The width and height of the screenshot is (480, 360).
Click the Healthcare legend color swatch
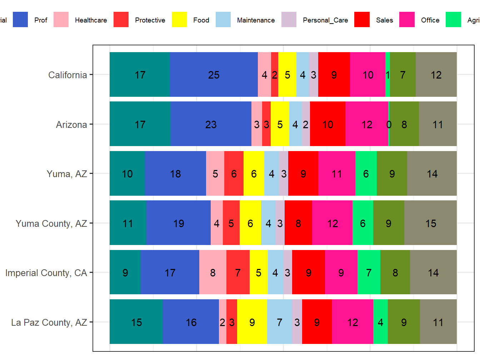pyautogui.click(x=61, y=20)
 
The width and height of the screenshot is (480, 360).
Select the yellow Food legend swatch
pyautogui.click(x=179, y=20)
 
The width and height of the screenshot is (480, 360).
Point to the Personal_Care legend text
pyautogui.click(x=325, y=20)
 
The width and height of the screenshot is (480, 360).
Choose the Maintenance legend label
pyautogui.click(x=256, y=20)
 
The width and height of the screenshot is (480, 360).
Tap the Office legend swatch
pyautogui.click(x=407, y=20)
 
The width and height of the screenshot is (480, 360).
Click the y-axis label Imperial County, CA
pyautogui.click(x=46, y=273)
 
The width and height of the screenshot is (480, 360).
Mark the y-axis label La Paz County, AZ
pyautogui.click(x=49, y=322)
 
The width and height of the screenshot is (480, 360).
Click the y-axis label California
pyautogui.click(x=67, y=75)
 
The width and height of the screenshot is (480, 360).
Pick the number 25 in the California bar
pyautogui.click(x=214, y=75)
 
